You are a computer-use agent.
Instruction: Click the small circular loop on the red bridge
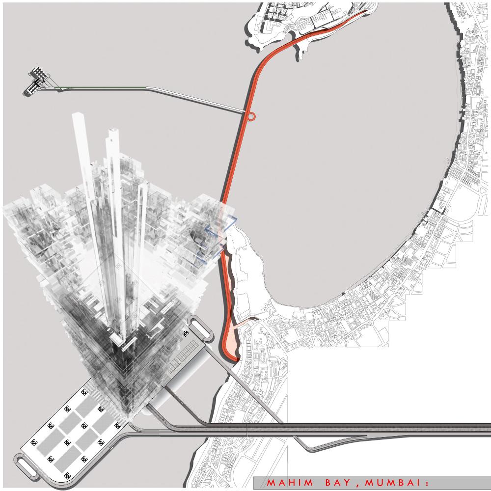[x=251, y=116]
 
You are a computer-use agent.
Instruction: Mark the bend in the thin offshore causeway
[x=147, y=88]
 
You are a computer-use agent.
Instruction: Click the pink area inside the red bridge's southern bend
[x=232, y=340]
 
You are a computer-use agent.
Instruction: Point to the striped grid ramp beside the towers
[x=185, y=357]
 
